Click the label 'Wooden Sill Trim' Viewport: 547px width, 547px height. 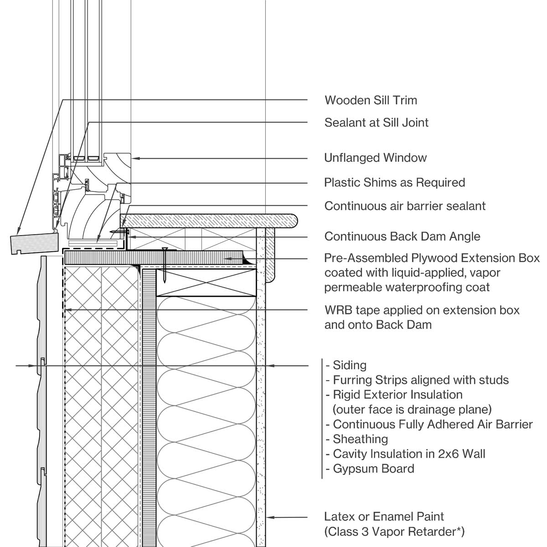click(x=371, y=100)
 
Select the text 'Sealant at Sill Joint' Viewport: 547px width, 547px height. click(x=376, y=123)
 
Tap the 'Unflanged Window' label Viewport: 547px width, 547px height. click(x=375, y=158)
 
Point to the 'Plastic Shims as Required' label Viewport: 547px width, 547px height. click(x=394, y=183)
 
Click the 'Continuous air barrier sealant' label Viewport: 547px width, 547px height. click(x=405, y=206)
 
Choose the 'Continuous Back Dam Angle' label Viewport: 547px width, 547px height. click(x=402, y=237)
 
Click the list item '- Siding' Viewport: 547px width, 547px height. click(x=346, y=365)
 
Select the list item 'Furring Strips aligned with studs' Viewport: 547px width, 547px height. click(x=420, y=380)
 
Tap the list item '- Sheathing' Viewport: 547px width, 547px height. click(x=357, y=439)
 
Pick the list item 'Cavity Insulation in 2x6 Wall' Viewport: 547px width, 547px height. click(x=408, y=454)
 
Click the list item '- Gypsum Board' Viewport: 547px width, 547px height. click(x=370, y=469)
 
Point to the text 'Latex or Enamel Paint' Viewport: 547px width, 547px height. click(x=384, y=516)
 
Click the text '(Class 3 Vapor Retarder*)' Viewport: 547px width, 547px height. click(x=394, y=531)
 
